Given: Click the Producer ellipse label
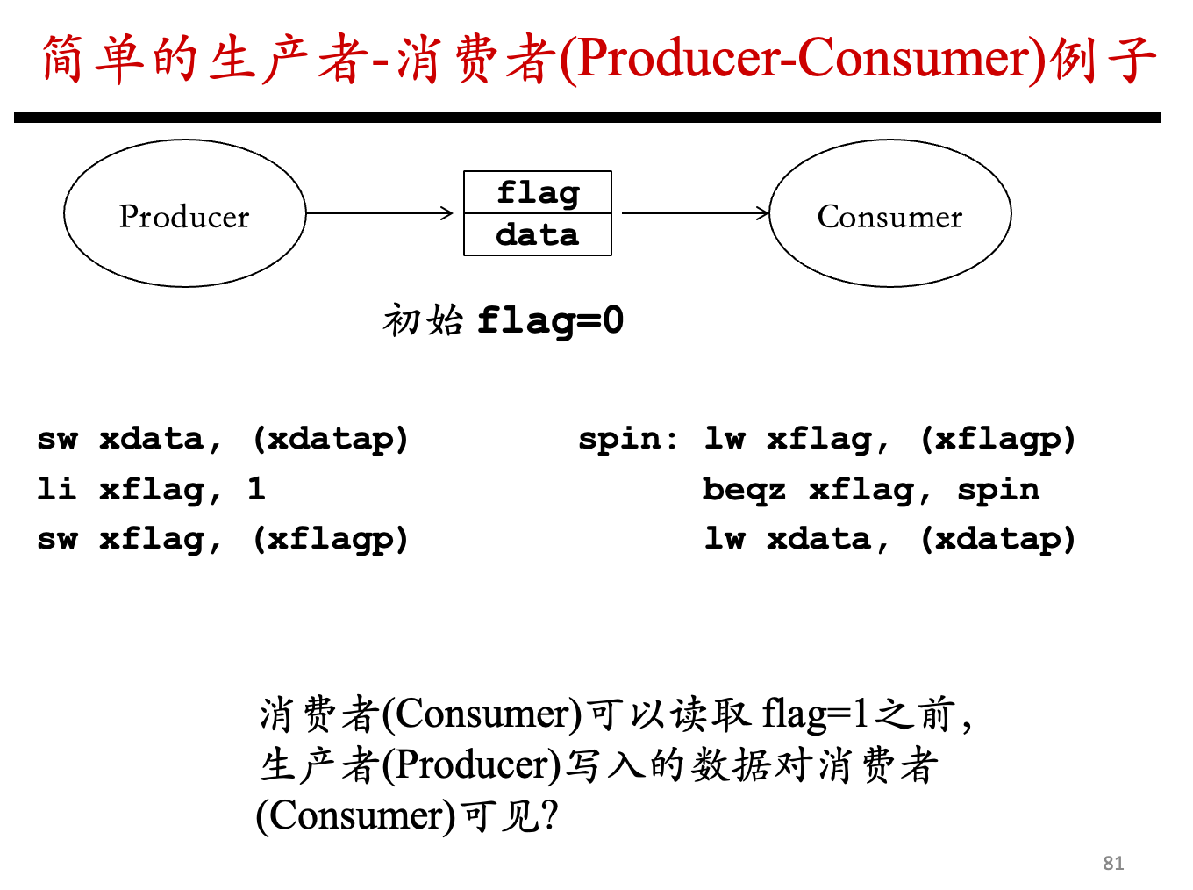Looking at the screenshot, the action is click(x=184, y=217).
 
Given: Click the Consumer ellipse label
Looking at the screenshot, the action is click(x=889, y=217).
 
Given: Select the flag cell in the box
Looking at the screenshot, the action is click(x=538, y=192).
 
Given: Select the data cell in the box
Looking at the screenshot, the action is click(x=538, y=234).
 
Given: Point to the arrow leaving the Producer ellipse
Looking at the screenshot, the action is click(x=379, y=213).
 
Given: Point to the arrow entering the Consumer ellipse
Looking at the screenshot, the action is click(x=696, y=213).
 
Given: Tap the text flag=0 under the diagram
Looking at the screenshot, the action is click(x=551, y=320).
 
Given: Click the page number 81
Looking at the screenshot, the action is click(x=1113, y=863).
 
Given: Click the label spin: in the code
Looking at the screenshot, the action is click(x=628, y=438).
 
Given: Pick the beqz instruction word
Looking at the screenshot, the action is click(x=744, y=489).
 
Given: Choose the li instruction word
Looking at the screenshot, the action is click(x=56, y=488).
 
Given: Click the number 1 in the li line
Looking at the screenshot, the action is click(x=256, y=488).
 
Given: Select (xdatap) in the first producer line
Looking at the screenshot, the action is click(x=331, y=439).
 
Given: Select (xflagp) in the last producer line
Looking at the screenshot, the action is click(x=331, y=539).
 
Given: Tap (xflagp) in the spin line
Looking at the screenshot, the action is click(x=998, y=439).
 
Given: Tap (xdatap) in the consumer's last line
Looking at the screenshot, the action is click(x=998, y=539).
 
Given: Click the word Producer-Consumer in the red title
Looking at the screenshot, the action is click(x=804, y=59).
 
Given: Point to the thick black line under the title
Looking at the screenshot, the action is click(x=588, y=118).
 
